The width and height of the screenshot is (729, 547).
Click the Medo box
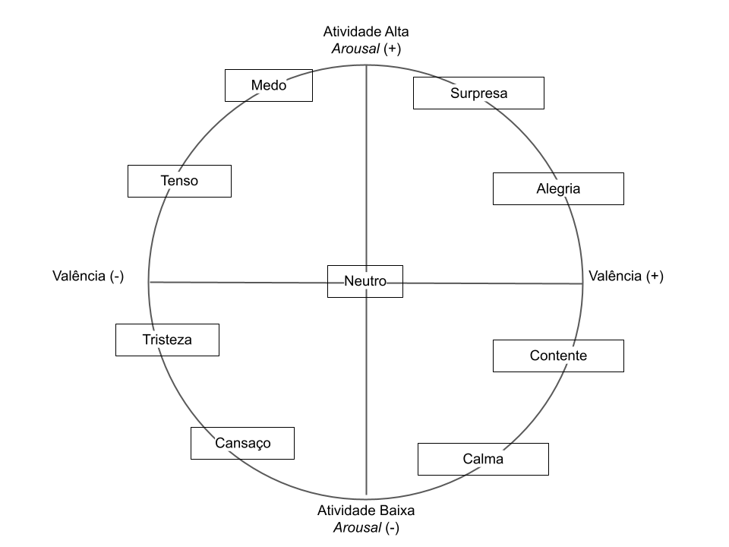tap(269, 85)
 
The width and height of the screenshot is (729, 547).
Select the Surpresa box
tap(478, 93)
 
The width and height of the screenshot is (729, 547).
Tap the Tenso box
tap(179, 181)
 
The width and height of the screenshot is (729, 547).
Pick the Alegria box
tap(558, 188)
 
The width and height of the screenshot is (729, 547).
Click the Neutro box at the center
tap(365, 281)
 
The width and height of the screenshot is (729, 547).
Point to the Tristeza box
tap(167, 340)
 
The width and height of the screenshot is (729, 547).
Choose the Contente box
tap(558, 356)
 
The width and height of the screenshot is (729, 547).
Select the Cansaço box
tap(242, 443)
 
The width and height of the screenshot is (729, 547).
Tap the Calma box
tap(483, 459)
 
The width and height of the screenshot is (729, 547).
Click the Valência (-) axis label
tap(88, 276)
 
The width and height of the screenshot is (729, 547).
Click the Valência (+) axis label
tap(626, 276)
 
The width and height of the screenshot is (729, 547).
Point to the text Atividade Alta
tap(366, 32)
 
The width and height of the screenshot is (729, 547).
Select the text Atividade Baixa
tap(366, 510)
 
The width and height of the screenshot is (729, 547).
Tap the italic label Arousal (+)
tap(366, 49)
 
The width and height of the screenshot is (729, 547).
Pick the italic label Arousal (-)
tap(366, 526)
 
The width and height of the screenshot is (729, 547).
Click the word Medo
tap(269, 85)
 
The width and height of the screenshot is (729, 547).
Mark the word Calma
tap(483, 459)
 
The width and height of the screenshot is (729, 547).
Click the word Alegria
tap(558, 188)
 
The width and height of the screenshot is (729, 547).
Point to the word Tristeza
tap(167, 340)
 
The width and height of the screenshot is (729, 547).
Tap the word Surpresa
tap(478, 93)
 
